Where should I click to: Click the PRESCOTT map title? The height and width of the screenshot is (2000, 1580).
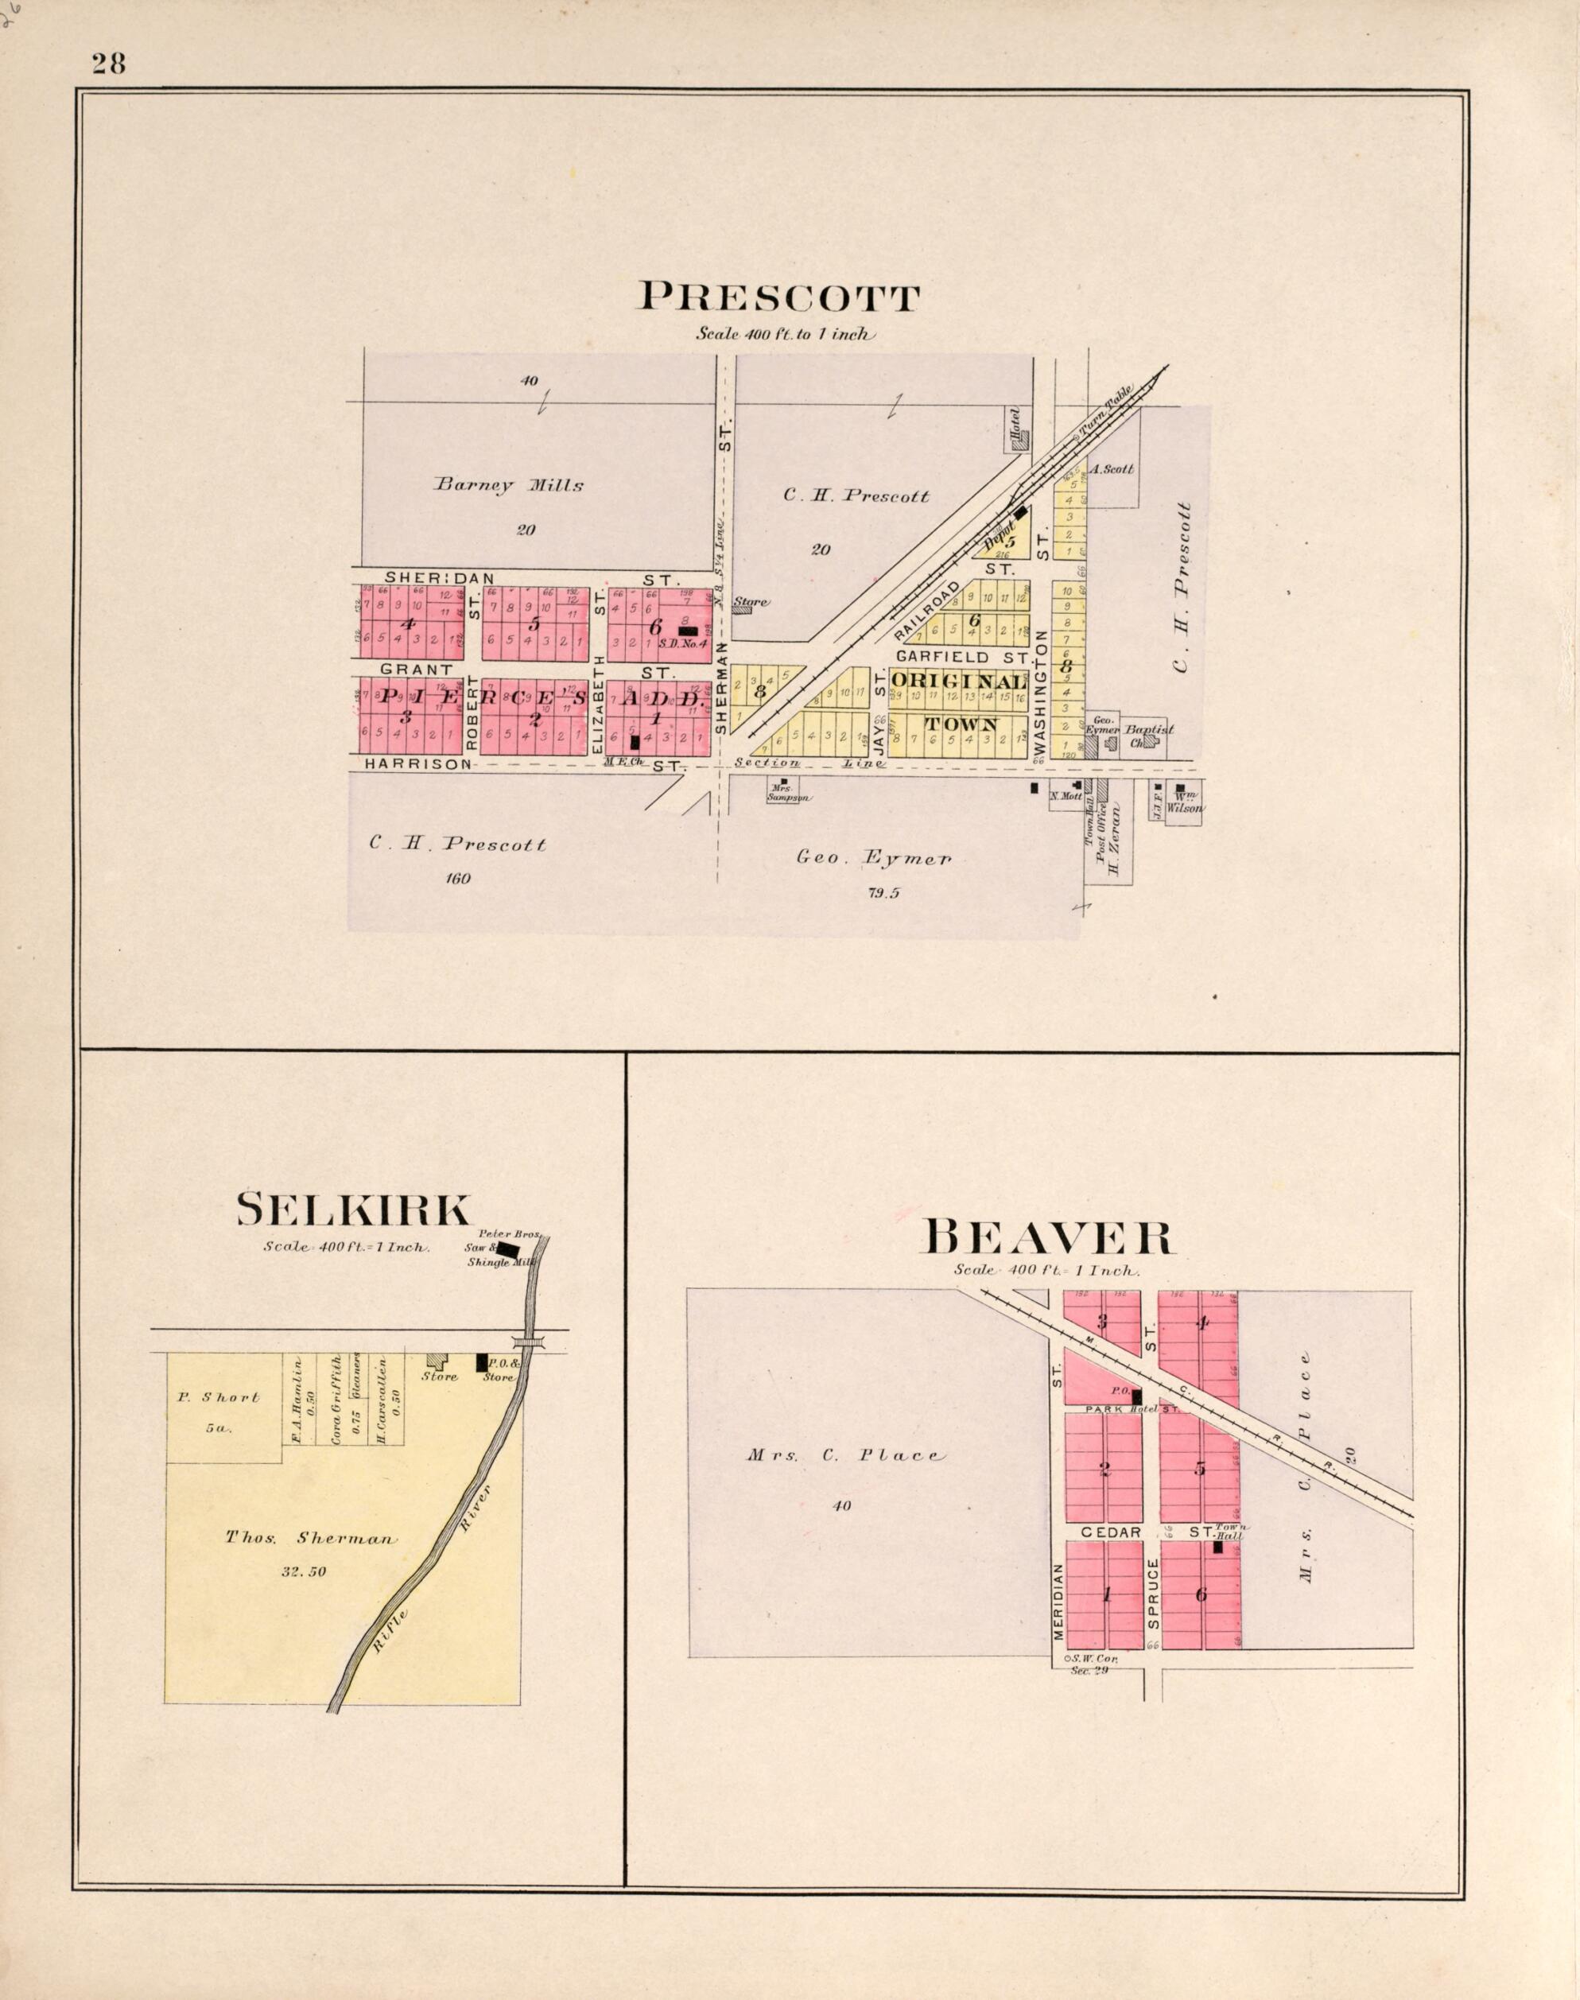[779, 298]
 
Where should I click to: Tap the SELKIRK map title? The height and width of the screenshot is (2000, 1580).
[355, 1210]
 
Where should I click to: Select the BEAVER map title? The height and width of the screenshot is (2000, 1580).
[1049, 1237]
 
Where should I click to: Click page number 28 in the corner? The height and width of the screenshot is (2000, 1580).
[108, 64]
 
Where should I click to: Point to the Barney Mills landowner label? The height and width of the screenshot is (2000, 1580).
[509, 485]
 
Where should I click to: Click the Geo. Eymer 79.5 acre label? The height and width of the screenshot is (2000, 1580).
[873, 859]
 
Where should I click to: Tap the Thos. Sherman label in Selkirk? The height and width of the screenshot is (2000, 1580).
[311, 1540]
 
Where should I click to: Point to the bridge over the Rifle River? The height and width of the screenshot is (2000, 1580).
[529, 1342]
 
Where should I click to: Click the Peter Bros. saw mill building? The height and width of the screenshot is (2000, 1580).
[508, 1250]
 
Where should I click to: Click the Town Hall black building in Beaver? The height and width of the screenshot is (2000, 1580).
[1218, 1547]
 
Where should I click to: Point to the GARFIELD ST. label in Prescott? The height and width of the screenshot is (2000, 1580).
[962, 656]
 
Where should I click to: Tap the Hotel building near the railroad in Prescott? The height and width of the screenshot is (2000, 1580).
[1019, 442]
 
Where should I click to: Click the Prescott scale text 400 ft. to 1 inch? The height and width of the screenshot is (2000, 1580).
[786, 335]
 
